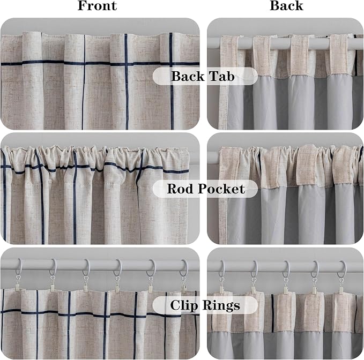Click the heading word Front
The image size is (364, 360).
tap(97, 6)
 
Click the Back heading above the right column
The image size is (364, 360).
tap(286, 6)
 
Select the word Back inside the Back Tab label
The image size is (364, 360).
tap(188, 76)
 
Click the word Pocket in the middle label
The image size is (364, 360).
tap(221, 189)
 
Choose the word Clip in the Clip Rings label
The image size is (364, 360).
tap(183, 305)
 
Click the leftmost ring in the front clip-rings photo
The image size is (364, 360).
tap(19, 267)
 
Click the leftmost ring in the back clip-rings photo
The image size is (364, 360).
tap(222, 268)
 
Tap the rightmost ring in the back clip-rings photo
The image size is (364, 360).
tap(342, 269)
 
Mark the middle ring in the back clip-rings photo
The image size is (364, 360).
tap(286, 269)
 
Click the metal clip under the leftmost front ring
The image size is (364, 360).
tap(18, 283)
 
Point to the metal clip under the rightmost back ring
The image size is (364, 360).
tap(341, 286)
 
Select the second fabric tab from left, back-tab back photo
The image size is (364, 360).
tap(262, 56)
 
